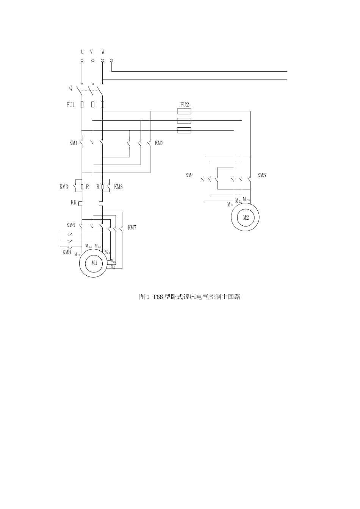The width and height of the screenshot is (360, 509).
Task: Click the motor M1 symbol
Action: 94,263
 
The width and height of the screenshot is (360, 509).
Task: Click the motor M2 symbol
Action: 246,217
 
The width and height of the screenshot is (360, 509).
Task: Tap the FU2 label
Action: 184,105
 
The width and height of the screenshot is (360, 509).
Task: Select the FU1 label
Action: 70,105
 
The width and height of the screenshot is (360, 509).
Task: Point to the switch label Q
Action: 70,88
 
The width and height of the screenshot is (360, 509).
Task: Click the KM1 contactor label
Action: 73,143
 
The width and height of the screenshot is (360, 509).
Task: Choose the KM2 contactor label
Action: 159,143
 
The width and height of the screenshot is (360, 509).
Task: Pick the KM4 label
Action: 189,175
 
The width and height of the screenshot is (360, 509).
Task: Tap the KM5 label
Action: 261,175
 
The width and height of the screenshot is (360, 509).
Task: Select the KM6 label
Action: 70,225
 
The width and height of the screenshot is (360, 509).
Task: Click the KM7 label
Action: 132,228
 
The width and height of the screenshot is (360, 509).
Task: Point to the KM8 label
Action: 67,252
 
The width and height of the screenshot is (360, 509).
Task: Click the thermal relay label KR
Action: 74,203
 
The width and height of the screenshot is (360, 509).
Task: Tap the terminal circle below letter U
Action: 82,60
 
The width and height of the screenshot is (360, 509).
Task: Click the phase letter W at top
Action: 103,52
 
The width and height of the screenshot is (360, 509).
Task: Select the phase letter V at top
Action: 91,52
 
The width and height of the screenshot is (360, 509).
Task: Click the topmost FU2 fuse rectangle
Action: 184,111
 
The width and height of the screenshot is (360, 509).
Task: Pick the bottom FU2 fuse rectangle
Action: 184,130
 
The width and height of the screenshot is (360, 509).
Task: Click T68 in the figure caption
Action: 158,297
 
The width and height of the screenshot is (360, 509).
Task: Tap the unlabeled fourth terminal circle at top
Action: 111,60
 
